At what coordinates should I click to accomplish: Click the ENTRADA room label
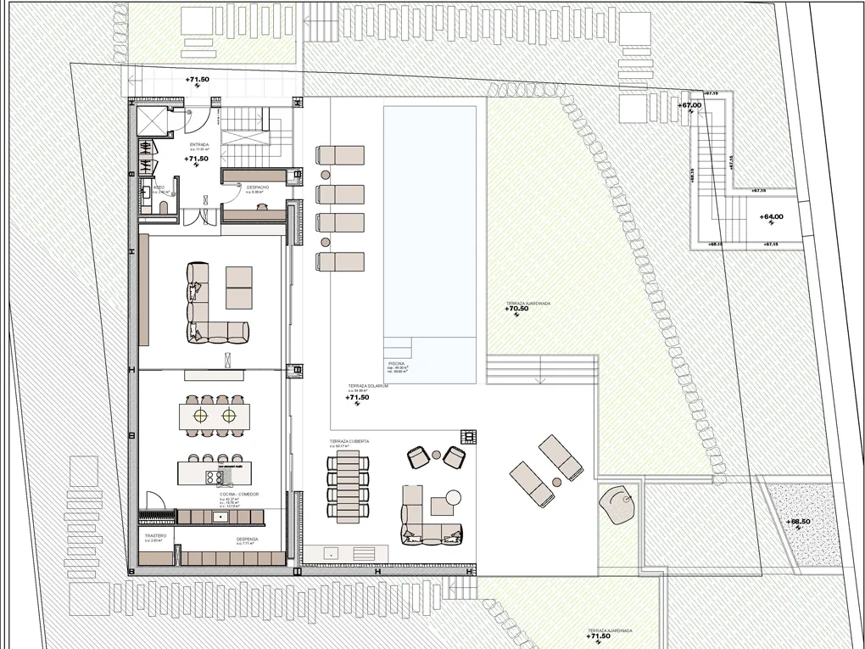[198, 145]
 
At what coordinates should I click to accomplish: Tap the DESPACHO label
[258, 187]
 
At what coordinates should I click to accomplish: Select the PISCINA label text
[397, 363]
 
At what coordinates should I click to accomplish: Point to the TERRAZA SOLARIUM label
[367, 386]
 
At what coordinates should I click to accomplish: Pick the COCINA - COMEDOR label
[238, 494]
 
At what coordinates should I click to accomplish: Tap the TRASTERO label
[154, 536]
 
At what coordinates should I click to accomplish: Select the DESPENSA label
[247, 538]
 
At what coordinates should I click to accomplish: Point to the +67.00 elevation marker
[689, 105]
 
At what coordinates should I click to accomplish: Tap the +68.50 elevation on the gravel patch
[798, 522]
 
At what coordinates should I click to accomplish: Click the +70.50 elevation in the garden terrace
[516, 309]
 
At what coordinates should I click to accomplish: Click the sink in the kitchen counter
[222, 515]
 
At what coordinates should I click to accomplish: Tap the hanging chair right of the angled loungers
[621, 503]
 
